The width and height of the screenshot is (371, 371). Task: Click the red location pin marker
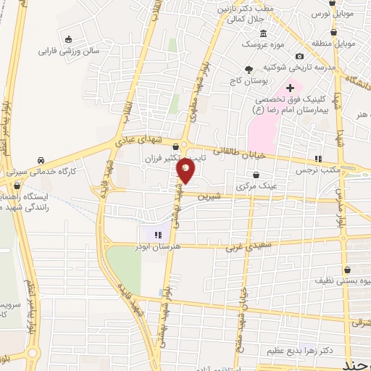tap(186, 172)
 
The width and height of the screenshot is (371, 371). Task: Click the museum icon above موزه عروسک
tap(263, 33)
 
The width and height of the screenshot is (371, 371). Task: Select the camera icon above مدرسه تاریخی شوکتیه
tap(299, 57)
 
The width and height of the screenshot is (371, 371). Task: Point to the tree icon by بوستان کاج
tap(249, 70)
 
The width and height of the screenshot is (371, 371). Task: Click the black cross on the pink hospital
tap(290, 88)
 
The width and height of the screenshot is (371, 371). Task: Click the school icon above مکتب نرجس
tap(317, 159)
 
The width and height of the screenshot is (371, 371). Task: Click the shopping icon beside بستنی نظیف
tap(317, 278)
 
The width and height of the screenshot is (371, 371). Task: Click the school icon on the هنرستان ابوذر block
tap(158, 233)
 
